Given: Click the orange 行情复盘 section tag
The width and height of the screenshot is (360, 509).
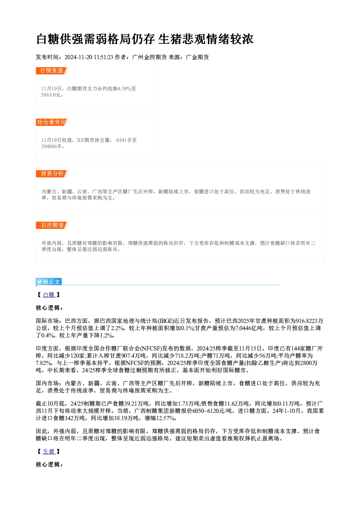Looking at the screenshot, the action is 52,71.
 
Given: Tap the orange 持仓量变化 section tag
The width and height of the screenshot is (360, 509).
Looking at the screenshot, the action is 52,122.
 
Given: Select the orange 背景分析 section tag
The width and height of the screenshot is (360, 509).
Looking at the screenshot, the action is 52,174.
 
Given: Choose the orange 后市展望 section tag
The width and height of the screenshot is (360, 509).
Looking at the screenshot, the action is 52,225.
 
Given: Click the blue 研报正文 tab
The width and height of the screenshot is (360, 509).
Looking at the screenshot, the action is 49,282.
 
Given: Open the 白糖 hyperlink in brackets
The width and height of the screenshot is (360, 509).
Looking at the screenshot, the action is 49,295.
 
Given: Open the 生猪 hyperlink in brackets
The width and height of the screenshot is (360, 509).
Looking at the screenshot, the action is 49,452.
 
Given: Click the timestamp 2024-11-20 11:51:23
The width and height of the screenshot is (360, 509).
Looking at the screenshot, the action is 89,57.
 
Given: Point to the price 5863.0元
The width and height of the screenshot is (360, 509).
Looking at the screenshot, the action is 51,95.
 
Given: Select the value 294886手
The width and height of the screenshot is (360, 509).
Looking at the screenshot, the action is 52,147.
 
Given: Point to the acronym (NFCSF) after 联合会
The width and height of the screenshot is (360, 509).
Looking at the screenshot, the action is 151,349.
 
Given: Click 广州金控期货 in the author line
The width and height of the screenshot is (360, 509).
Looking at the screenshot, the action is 149,57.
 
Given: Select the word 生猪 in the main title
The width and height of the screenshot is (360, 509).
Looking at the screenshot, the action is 170,39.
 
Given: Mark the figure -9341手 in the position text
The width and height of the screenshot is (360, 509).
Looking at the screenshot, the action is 123,140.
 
